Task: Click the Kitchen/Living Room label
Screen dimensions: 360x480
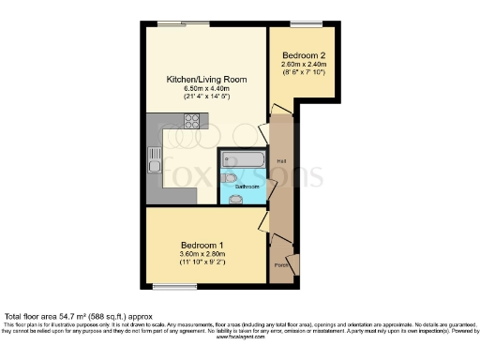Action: point(207,80)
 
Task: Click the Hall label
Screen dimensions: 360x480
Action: point(281,161)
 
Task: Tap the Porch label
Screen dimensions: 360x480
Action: point(280,265)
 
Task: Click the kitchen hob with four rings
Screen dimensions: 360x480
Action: point(192,120)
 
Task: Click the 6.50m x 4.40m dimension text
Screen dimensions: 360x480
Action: point(206,89)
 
